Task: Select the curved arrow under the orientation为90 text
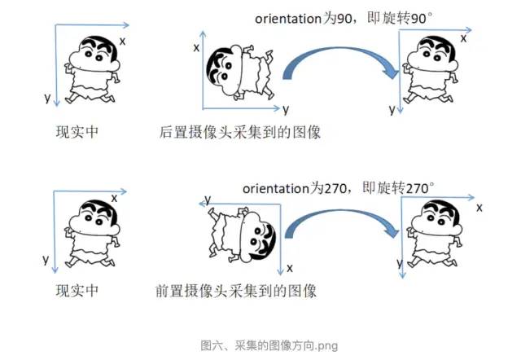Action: (x=334, y=64)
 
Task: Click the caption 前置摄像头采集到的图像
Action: (x=235, y=291)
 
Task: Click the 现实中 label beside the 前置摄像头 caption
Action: (x=77, y=291)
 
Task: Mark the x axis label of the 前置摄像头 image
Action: (x=290, y=267)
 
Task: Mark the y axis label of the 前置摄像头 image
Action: (x=208, y=199)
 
